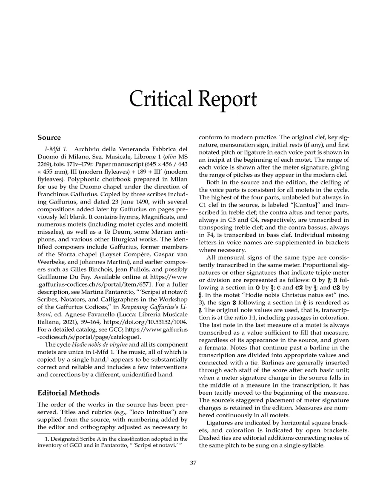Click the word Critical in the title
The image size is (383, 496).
point(161,99)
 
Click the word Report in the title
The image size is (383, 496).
point(227,100)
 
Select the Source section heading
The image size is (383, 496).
point(49,138)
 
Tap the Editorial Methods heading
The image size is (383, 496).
point(69,393)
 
